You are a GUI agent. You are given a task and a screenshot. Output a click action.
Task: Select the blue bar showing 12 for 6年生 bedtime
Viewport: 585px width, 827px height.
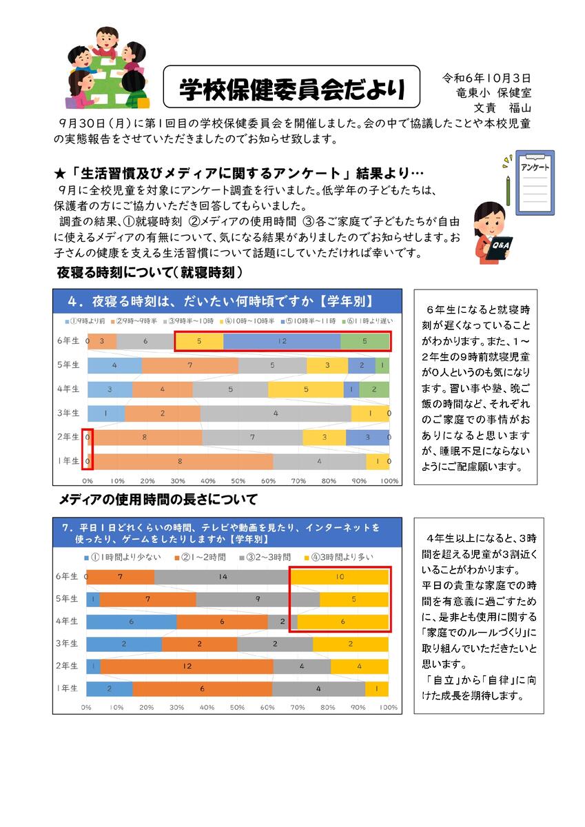(x=282, y=340)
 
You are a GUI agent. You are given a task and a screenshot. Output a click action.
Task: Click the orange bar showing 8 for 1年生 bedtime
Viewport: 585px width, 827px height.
(x=180, y=460)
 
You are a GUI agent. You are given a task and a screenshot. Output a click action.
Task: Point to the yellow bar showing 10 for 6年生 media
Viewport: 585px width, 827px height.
(x=340, y=576)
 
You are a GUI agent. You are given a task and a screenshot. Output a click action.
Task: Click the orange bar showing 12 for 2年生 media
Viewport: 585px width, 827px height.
(x=187, y=666)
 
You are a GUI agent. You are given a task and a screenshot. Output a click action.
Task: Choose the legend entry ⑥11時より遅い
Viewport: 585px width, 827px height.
(x=369, y=321)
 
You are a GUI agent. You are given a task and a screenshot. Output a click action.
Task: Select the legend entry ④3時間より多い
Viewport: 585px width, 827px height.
(x=332, y=556)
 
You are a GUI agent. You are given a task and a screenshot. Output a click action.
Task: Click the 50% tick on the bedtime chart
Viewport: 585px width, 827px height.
(x=238, y=480)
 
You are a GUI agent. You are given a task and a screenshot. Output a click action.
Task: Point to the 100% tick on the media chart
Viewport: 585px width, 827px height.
(x=389, y=707)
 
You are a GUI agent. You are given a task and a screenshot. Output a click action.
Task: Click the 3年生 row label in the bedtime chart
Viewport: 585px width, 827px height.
(x=68, y=413)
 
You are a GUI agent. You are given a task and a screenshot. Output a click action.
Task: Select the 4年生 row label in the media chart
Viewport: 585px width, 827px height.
(x=68, y=621)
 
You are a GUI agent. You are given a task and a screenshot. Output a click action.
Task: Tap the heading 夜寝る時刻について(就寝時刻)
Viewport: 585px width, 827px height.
(x=149, y=273)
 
